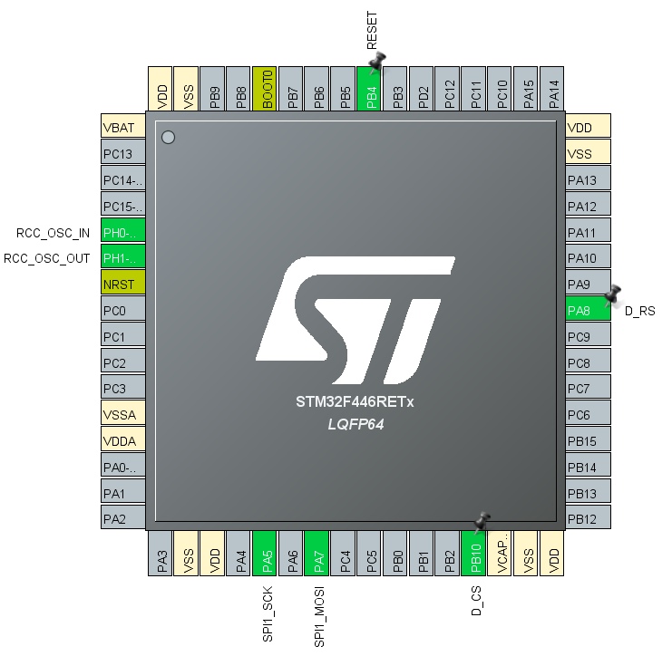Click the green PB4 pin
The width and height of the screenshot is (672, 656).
point(369,89)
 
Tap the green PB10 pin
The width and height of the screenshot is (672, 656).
point(472,553)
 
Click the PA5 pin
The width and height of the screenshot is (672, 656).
point(264,553)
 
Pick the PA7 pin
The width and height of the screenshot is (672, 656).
point(317,553)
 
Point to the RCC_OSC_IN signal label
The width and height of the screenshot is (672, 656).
point(54,233)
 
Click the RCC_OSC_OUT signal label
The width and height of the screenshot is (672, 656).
point(48,258)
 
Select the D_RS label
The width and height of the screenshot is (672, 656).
point(639,312)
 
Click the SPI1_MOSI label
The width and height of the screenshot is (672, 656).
point(319,615)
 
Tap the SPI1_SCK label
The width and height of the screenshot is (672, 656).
point(268,613)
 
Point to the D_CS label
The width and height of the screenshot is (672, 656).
point(476,601)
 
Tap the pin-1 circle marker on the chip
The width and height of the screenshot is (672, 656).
point(168,138)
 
